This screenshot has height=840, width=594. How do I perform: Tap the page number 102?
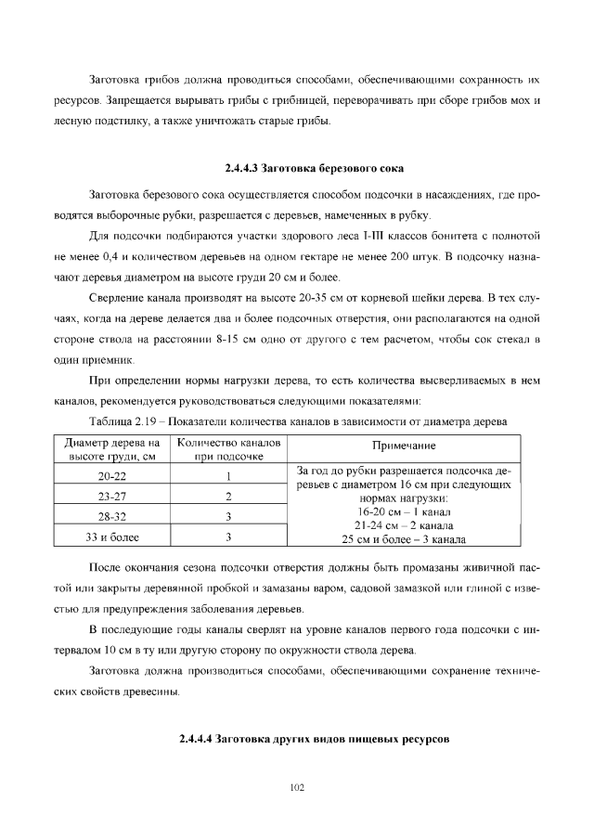[x=297, y=787]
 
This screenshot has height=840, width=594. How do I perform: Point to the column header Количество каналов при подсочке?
[x=227, y=447]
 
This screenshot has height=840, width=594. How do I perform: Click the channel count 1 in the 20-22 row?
[x=227, y=475]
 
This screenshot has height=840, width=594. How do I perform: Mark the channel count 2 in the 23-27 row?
[x=227, y=496]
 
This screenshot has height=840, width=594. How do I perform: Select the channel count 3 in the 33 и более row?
[x=227, y=536]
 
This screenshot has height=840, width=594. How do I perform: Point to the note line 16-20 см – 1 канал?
[x=404, y=511]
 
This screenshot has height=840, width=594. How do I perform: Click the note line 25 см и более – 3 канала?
[x=404, y=537]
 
